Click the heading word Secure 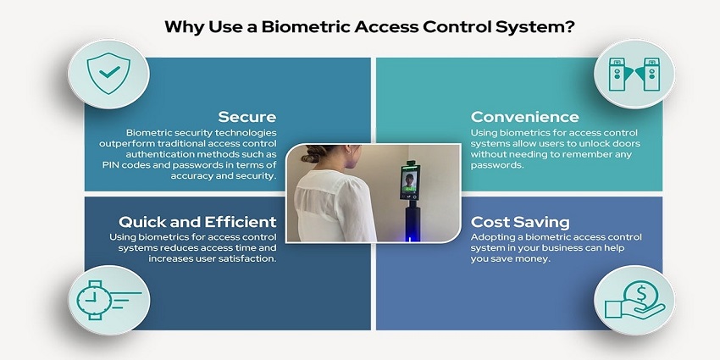pyautogui.click(x=246, y=117)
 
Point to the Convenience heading pyautogui.click(x=525, y=117)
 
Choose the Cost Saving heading pyautogui.click(x=520, y=222)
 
